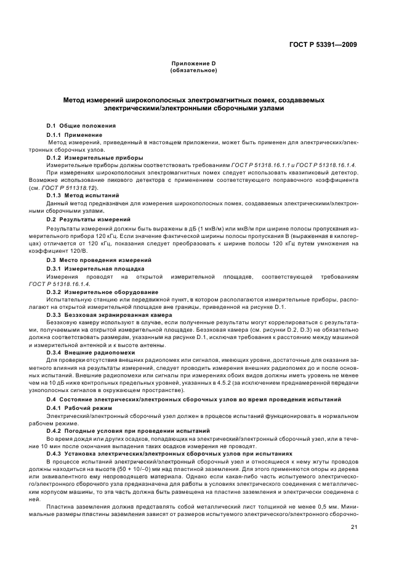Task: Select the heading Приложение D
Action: click(x=193, y=64)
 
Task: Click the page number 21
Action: click(x=354, y=527)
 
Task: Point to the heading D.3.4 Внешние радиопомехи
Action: click(x=91, y=352)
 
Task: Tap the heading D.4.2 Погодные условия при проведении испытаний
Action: click(x=128, y=431)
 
